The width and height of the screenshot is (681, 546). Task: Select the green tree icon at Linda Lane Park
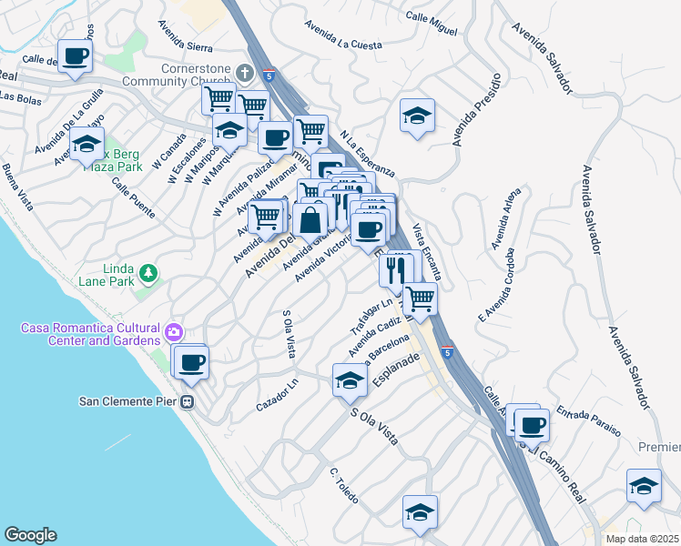click(146, 273)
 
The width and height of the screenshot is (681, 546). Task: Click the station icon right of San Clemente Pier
click(188, 402)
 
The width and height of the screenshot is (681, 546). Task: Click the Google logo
click(30, 535)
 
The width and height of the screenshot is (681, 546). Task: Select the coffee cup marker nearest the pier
click(190, 362)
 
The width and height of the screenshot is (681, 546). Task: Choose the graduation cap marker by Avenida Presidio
click(417, 116)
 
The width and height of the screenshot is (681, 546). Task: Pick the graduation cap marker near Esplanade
click(349, 379)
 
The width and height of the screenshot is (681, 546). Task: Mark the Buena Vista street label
click(17, 186)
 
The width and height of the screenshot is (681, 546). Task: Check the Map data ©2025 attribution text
click(642, 539)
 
